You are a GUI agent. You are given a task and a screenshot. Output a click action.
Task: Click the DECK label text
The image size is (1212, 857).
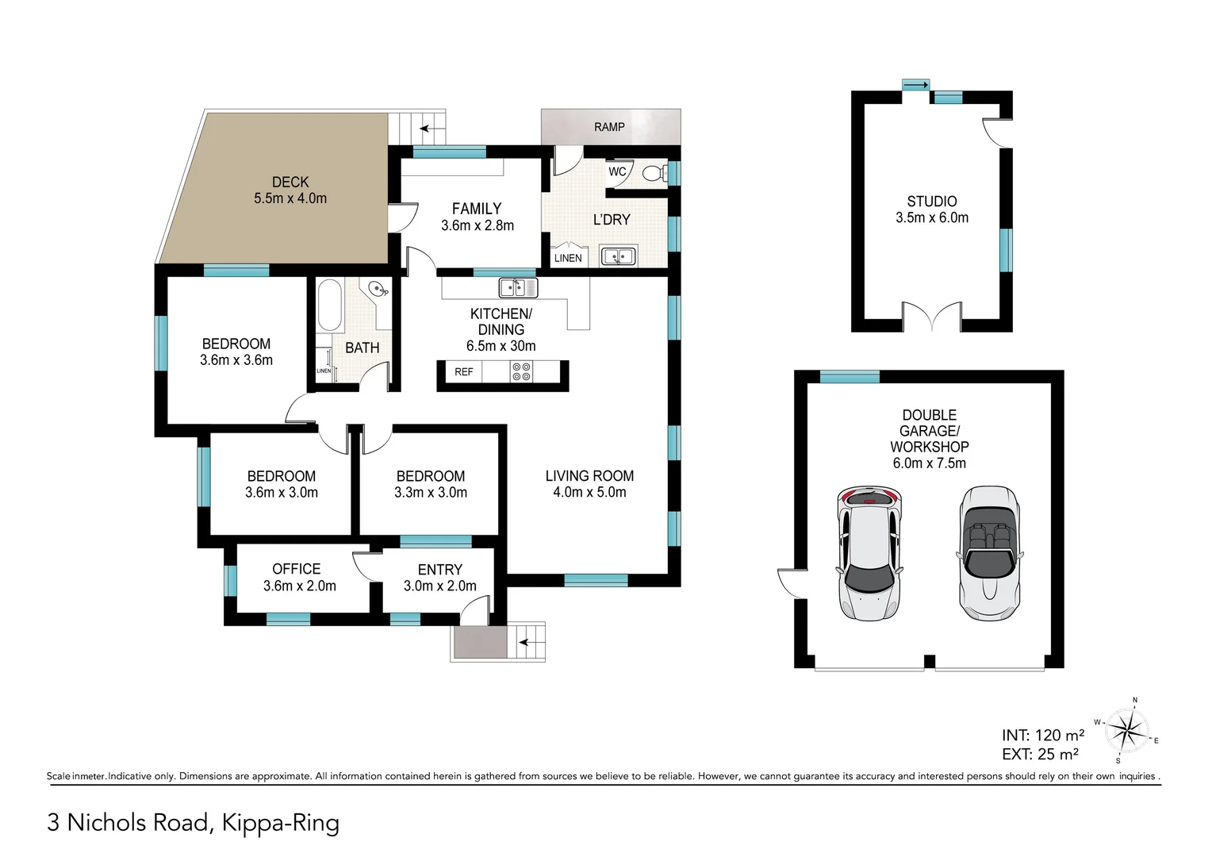pos(290,182)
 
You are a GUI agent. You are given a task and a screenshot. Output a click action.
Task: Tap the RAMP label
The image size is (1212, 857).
pos(609,127)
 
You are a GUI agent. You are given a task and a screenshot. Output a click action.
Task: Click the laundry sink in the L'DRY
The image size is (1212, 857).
pos(618,256)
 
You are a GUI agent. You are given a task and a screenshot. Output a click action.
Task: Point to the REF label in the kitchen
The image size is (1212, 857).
pos(464,372)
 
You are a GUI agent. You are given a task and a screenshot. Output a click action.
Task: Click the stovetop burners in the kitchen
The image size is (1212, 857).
pos(521,371)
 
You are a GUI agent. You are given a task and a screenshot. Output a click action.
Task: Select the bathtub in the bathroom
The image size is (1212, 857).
pos(329,305)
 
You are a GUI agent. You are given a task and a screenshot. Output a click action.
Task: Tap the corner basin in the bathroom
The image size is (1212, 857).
pos(378,290)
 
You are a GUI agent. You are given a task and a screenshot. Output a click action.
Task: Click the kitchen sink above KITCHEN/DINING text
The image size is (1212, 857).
pos(518,287)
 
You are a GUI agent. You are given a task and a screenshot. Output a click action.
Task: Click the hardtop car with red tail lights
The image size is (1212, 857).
pos(869,553)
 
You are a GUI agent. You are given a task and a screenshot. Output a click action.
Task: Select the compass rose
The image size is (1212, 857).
pos(1127,729)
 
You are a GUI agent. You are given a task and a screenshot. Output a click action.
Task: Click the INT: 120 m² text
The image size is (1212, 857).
pos(1042,736)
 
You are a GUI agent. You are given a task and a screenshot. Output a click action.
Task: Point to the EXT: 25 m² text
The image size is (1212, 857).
pos(1040,755)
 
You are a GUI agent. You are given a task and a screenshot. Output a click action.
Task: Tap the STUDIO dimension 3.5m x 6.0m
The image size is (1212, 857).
pos(932,218)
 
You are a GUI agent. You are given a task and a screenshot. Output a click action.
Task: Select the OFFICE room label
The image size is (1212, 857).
pos(296,569)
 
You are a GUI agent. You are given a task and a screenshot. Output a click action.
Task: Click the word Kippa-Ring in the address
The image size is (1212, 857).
pos(281,823)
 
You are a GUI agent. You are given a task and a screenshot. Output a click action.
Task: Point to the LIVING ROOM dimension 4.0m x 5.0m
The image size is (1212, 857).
pos(589,493)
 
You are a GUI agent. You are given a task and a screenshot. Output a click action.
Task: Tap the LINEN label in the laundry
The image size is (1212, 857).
pos(568,258)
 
